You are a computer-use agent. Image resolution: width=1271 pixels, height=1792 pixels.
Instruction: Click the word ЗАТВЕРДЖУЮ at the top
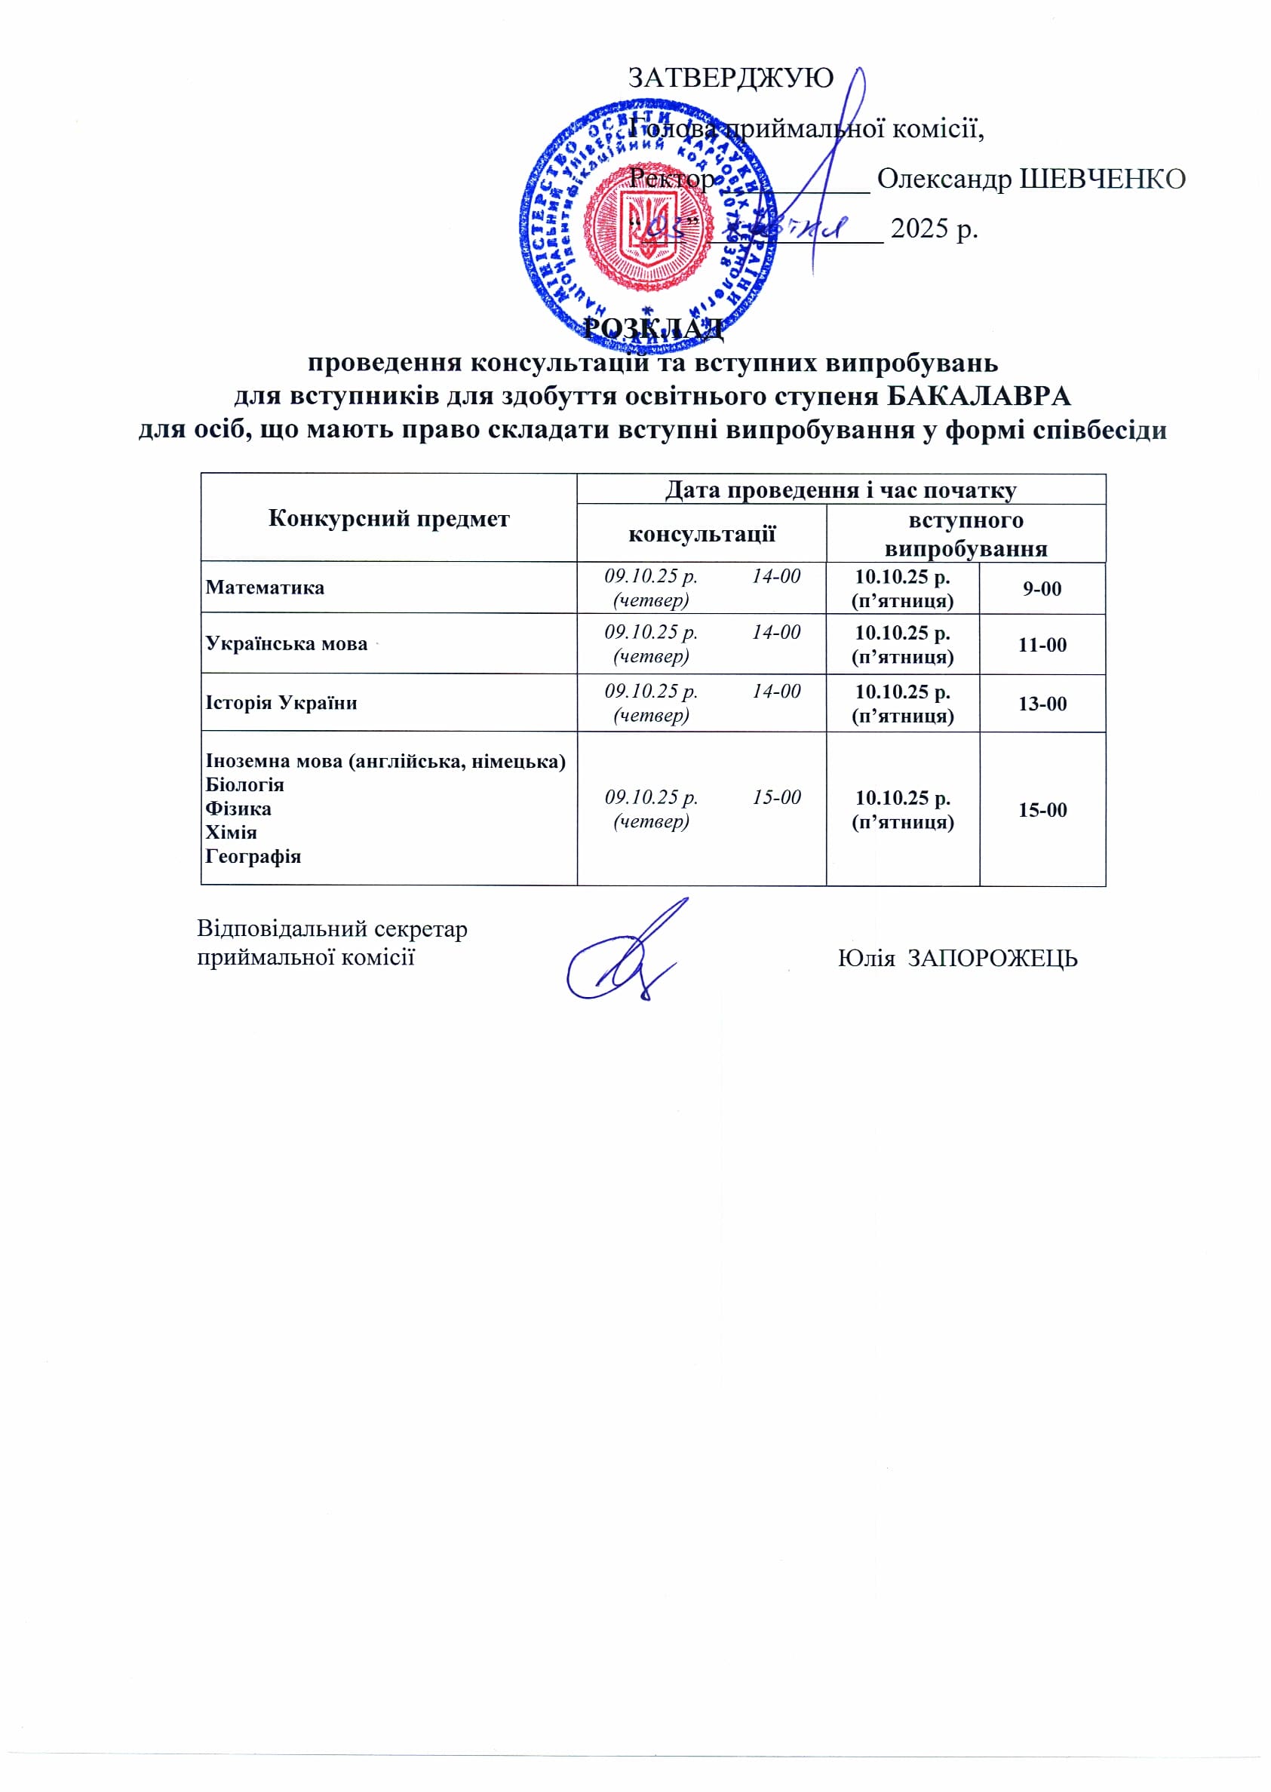click(731, 78)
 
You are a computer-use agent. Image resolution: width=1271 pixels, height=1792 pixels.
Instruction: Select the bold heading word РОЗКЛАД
click(653, 329)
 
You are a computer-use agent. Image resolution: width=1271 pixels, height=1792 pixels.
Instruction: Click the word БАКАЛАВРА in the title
click(978, 396)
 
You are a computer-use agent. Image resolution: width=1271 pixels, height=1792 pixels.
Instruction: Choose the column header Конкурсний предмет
click(388, 518)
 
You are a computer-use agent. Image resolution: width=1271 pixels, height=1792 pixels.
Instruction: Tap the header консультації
click(702, 534)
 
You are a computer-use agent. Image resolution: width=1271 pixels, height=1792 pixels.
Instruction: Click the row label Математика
click(265, 587)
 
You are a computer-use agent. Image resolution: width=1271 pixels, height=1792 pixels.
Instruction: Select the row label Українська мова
click(286, 643)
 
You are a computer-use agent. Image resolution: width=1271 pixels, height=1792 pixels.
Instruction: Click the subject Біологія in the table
click(244, 784)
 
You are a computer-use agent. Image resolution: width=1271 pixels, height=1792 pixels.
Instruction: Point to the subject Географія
click(253, 856)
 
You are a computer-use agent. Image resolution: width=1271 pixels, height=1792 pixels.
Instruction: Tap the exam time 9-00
click(1042, 588)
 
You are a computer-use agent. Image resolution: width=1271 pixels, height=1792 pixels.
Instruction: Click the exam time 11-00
click(1042, 645)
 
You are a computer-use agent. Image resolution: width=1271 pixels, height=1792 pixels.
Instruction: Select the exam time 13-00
click(1042, 704)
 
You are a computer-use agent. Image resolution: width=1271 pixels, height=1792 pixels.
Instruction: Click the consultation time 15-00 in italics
click(776, 796)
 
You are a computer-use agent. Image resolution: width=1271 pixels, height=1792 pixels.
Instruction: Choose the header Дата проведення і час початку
click(840, 490)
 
